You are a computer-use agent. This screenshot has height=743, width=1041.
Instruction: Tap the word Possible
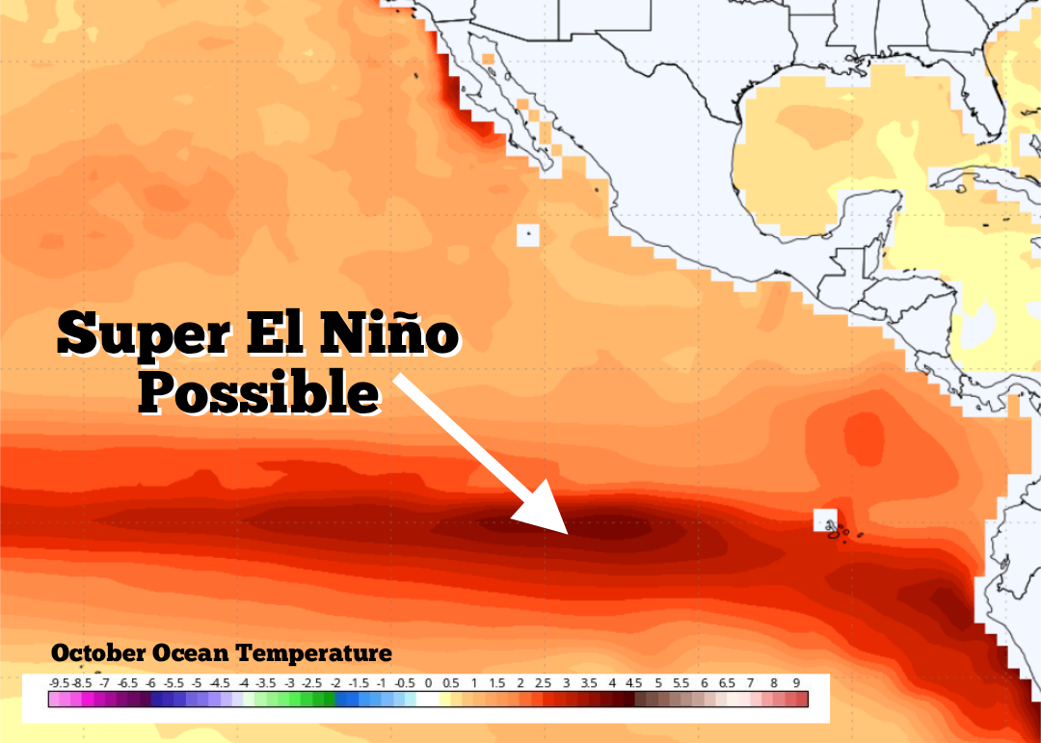pos(258,392)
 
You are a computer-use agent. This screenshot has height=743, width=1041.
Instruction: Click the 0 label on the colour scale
pos(428,682)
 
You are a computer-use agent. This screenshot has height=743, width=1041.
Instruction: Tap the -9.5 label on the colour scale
pos(59,682)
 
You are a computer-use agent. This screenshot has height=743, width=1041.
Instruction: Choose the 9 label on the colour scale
pos(796,682)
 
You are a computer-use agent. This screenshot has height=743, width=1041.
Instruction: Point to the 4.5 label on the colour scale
pos(634,682)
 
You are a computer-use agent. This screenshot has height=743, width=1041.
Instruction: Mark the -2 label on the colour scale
pos(335,682)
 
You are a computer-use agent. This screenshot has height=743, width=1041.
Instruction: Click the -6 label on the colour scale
pos(151,682)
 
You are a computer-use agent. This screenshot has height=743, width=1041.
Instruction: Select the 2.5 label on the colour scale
pos(543,682)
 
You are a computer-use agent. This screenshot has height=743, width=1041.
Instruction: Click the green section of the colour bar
pos(289,699)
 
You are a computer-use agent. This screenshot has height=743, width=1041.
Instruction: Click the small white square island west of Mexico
pos(527,234)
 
